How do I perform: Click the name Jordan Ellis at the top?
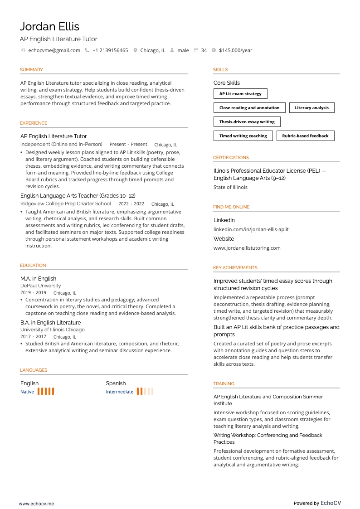point(49,26)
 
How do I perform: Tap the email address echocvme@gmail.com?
point(54,50)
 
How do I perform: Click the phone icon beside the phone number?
point(87,50)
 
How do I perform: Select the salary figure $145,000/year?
point(235,50)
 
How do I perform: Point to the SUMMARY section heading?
point(31,70)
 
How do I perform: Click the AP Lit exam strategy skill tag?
point(240,94)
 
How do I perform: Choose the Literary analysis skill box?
point(311,108)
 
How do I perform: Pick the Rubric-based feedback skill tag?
point(305,136)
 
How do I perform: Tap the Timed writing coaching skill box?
point(243,136)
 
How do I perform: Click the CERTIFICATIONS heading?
point(231,158)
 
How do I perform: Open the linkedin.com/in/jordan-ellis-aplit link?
point(251,229)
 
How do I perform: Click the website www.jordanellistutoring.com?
point(247,248)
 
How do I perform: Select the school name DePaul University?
point(40,286)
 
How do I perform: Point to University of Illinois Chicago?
point(52,330)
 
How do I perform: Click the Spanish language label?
point(116,383)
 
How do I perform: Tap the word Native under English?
point(27,392)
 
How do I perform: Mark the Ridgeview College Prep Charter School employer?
point(66,204)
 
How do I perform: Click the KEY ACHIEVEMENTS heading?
point(235,268)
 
